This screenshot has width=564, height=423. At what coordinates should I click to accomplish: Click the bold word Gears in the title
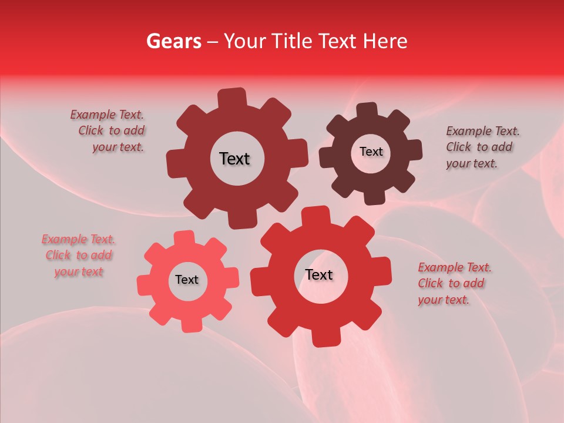173,41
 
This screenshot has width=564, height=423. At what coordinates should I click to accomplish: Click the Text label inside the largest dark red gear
234,159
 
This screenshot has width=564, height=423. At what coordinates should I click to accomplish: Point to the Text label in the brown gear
371,152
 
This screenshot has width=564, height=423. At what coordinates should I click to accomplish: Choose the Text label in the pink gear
187,280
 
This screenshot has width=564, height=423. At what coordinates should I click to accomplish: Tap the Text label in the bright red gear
319,274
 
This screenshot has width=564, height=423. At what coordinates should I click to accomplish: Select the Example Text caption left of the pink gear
79,256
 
